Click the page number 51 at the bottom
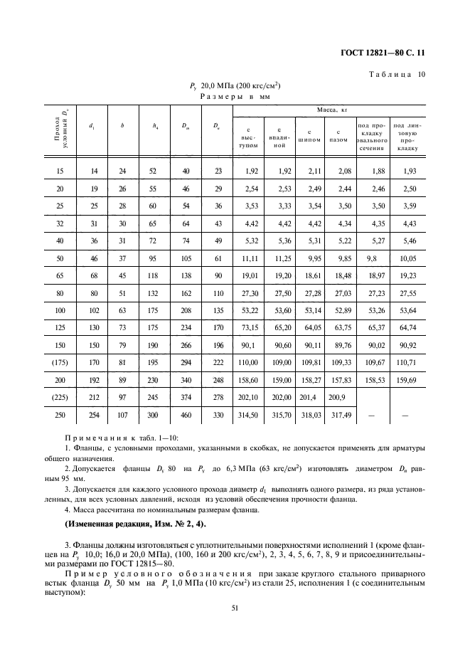point(235,608)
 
